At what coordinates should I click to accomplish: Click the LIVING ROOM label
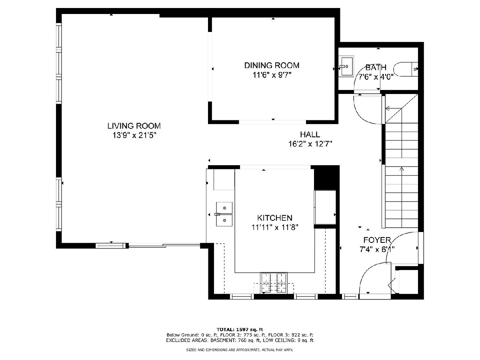(134, 126)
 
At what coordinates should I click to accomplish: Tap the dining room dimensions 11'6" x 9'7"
(272, 75)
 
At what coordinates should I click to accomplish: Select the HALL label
(310, 134)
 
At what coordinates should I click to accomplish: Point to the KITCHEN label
(275, 218)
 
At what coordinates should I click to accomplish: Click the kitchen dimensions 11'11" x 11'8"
(275, 228)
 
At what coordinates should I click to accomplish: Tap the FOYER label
(377, 240)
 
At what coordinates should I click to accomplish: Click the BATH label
(376, 67)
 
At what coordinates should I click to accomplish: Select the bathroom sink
(346, 66)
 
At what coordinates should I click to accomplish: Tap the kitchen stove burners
(274, 283)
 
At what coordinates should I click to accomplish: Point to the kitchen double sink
(224, 214)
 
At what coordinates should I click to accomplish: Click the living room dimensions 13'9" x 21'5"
(134, 136)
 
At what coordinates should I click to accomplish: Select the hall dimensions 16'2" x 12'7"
(310, 144)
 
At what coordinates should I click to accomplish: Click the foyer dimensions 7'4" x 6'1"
(377, 249)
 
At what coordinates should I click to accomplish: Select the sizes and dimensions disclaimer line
(240, 350)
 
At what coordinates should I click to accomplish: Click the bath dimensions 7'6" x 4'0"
(376, 77)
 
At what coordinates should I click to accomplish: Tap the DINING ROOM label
(272, 65)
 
